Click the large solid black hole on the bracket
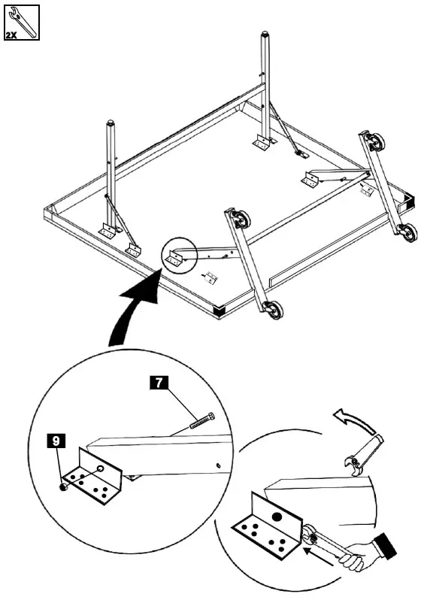(277, 517)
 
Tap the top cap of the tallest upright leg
(265, 35)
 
